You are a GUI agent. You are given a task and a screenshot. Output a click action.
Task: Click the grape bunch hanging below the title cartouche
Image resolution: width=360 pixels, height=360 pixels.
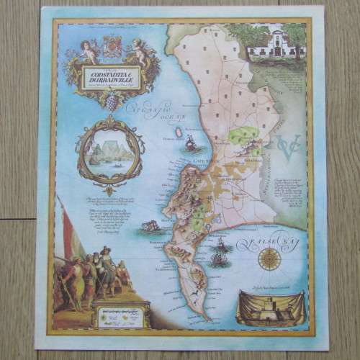click(x=112, y=100)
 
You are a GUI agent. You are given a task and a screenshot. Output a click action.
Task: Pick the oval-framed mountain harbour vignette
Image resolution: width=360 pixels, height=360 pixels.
click(x=110, y=153)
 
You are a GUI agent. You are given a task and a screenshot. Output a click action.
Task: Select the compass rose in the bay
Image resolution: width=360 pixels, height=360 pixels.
click(x=269, y=258)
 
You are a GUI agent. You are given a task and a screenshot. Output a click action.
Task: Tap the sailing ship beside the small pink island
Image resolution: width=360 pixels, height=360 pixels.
click(x=191, y=143)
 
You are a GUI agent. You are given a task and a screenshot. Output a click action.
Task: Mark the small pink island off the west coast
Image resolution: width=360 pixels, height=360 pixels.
click(x=178, y=133)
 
